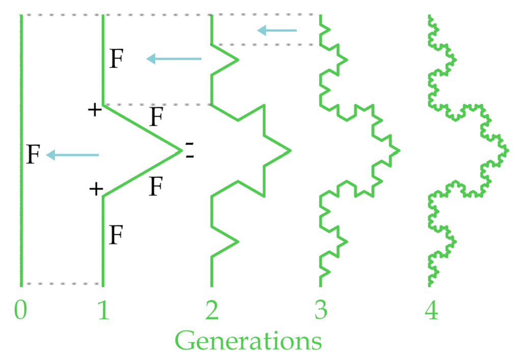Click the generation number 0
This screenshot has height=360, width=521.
point(20,310)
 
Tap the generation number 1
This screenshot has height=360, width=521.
point(104,310)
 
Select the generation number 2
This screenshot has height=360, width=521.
point(212,310)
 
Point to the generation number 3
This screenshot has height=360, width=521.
point(321,310)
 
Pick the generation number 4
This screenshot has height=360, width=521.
point(431,310)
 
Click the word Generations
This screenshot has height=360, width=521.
point(248,340)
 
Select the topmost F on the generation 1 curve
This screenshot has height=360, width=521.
point(117,59)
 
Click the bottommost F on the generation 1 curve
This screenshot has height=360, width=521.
point(117,234)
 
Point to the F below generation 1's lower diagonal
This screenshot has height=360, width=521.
point(156,186)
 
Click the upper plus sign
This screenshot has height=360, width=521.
point(95,109)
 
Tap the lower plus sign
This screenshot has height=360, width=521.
point(96,189)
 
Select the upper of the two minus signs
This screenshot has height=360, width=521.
point(189,144)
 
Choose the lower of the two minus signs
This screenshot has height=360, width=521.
point(190,156)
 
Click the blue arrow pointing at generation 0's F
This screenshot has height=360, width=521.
point(72,155)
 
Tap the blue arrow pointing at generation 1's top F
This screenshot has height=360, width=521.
point(174,59)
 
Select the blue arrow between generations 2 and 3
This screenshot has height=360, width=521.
point(277,31)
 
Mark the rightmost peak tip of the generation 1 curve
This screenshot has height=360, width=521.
point(182,151)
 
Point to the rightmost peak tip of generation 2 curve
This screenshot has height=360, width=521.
point(291,151)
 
